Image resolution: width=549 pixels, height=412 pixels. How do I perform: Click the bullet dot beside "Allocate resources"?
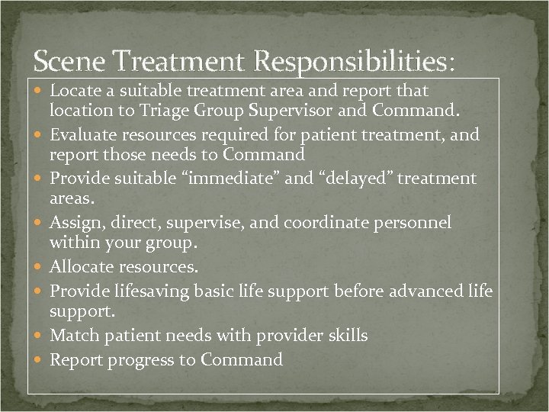coord(39,268)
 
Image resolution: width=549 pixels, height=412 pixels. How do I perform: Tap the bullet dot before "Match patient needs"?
coord(39,336)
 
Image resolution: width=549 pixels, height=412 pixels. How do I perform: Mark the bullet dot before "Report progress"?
coord(39,360)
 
